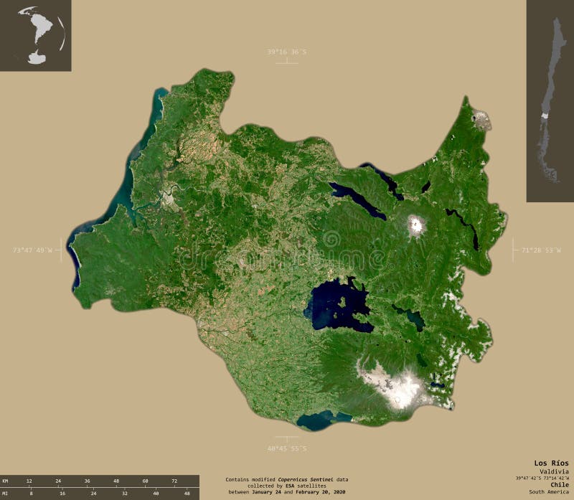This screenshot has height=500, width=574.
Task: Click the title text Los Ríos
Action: point(551,463)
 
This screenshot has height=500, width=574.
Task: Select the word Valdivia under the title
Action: point(555,471)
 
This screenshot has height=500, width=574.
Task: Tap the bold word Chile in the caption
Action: point(558,484)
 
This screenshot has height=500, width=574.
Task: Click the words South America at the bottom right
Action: point(549,491)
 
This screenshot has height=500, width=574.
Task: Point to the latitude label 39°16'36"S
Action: point(286,52)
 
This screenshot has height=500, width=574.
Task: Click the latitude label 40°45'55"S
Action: point(286,448)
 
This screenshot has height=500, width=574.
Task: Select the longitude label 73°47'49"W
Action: point(33,250)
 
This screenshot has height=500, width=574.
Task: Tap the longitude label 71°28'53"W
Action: point(542,250)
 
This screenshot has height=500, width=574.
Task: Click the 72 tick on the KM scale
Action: point(174,481)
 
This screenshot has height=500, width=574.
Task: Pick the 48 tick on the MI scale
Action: point(187,494)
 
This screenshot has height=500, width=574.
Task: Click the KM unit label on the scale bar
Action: point(6,481)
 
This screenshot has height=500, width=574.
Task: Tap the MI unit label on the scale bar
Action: point(6,494)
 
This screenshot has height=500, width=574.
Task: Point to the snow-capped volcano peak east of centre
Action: point(415,226)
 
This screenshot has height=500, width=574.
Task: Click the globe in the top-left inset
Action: point(40,34)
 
